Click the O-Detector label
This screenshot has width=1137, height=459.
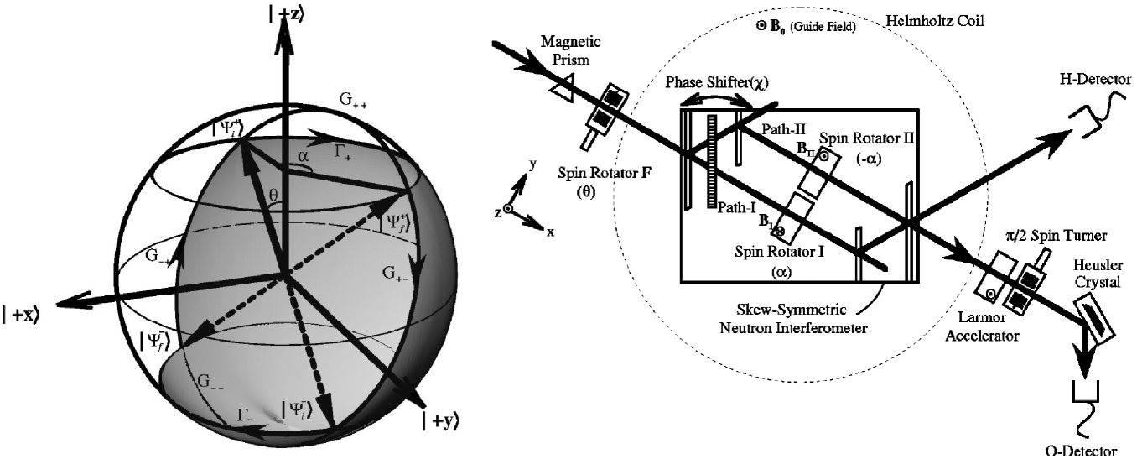click(x=1082, y=450)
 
